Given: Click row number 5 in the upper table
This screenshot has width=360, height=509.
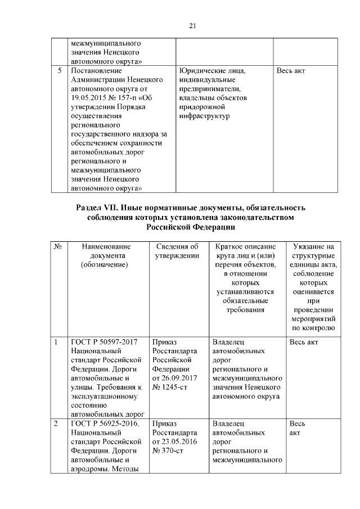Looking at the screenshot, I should coord(60,71).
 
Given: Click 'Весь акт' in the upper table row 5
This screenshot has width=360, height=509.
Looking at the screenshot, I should coord(291,71).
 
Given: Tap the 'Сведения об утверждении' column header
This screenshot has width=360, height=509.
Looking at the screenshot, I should coord(177,251).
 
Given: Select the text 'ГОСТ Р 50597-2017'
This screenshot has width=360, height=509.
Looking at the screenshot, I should coord(103,341).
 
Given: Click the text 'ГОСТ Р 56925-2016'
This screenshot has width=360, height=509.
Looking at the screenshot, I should coord(105,423).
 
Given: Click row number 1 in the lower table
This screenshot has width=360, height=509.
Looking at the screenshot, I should coord(56,341).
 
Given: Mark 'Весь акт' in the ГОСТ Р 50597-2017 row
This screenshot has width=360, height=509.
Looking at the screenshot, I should coord(304,341).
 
